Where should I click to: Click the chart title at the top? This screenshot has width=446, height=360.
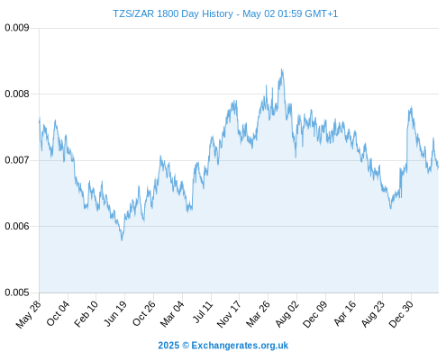click(x=225, y=13)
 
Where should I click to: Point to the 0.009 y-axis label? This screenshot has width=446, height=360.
click(x=17, y=28)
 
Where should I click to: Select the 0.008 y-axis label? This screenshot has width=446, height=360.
click(x=17, y=94)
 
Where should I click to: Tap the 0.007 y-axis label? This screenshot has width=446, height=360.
click(x=17, y=160)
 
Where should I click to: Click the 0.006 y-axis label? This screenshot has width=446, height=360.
click(x=17, y=226)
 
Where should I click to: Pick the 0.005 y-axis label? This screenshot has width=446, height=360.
click(x=17, y=292)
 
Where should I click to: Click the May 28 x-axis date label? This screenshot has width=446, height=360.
click(x=29, y=314)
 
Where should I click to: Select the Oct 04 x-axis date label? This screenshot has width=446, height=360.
click(x=58, y=313)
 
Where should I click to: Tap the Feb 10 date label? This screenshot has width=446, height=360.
click(x=86, y=313)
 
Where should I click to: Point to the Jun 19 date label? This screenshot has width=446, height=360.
click(x=115, y=313)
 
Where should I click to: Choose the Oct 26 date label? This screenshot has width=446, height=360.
click(x=144, y=313)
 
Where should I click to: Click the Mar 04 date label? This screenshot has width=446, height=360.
click(x=172, y=314)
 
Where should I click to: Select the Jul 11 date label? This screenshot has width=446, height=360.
click(x=203, y=312)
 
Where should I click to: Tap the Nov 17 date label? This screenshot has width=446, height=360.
click(x=229, y=314)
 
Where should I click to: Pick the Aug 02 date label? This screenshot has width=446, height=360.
click(x=287, y=314)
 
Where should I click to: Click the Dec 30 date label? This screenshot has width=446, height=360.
click(x=401, y=314)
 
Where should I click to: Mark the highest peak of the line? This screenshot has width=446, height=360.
click(x=282, y=69)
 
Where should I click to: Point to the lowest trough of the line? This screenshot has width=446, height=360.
click(x=122, y=240)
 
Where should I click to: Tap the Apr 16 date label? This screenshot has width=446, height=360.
click(x=345, y=313)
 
